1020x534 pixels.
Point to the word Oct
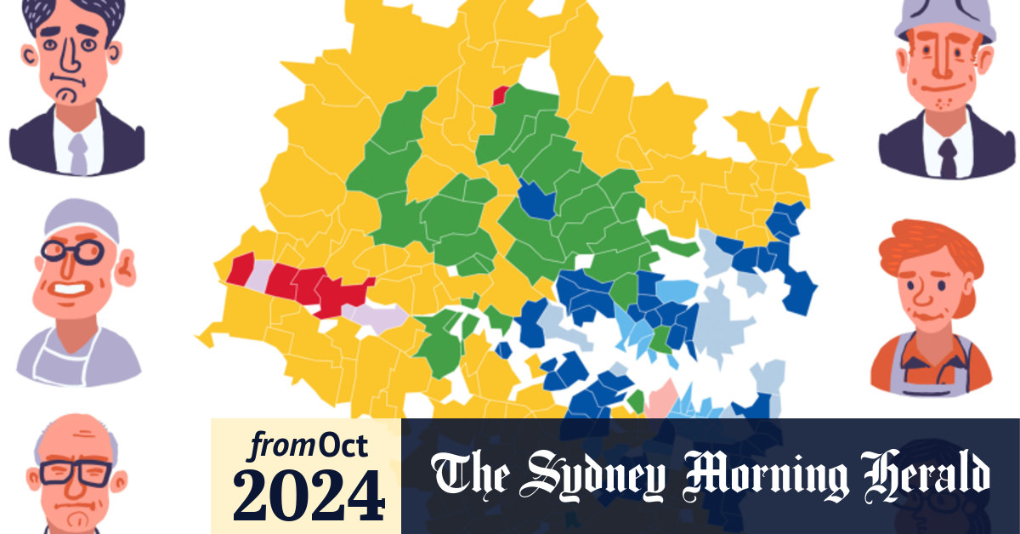[x=348, y=445]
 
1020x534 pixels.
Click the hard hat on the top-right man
[x=943, y=17]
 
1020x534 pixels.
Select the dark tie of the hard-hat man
[x=947, y=156]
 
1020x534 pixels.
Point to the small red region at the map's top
[x=501, y=95]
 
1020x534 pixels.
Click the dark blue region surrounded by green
[x=537, y=202]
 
